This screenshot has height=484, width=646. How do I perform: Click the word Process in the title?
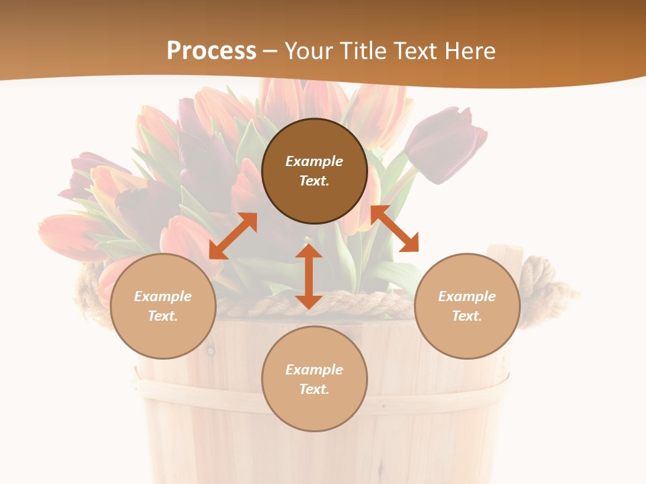point(211,51)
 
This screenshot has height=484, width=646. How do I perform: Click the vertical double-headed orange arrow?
point(309,276)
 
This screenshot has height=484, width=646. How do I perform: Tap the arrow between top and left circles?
point(233,236)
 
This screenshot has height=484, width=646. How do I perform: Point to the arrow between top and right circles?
point(394,229)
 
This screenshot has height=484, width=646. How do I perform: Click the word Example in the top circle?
point(314,161)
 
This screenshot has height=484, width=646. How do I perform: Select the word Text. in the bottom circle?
point(314,389)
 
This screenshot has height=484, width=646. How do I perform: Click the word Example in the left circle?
point(163,296)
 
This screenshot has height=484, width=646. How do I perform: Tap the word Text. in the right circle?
point(467,316)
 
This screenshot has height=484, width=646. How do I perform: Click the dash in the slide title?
point(270,51)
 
